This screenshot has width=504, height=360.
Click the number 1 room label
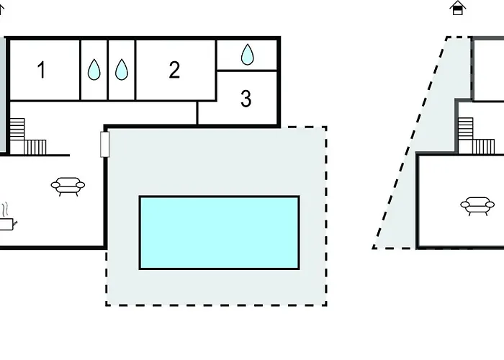(x=41, y=70)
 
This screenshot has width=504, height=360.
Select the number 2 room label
(x=174, y=70)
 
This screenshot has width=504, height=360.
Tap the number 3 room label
(x=246, y=99)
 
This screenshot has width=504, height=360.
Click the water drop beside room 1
(x=94, y=69)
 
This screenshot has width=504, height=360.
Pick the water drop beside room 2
(x=122, y=69)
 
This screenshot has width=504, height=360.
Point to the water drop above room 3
(x=247, y=54)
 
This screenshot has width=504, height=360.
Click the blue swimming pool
(x=219, y=233)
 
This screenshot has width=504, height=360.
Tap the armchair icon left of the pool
(x=68, y=186)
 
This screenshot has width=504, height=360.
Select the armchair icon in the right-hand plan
(x=477, y=206)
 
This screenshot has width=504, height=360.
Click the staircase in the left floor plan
(x=28, y=137)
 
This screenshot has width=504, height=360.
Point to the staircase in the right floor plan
(x=476, y=135)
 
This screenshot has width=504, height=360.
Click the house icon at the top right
(x=458, y=8)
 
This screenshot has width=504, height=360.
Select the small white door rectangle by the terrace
(x=105, y=144)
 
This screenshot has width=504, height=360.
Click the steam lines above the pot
(x=5, y=210)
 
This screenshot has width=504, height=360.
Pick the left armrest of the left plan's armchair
(x=55, y=185)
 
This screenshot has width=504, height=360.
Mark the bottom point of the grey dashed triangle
(x=373, y=248)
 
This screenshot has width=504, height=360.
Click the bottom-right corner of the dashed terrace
(x=327, y=305)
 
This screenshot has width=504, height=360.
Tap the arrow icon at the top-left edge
(x=1, y=9)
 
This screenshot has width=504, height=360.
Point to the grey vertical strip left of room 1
(x=3, y=96)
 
